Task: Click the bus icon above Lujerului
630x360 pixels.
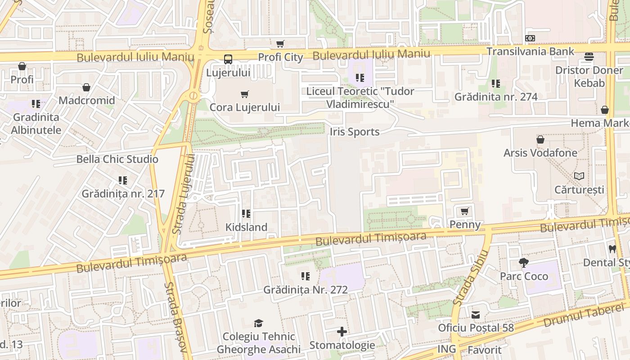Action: click(x=228, y=59)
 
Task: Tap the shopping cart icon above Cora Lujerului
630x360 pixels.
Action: click(x=245, y=94)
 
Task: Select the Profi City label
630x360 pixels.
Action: click(x=280, y=57)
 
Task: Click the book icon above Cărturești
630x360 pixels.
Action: click(x=579, y=176)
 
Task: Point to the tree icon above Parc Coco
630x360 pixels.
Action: click(x=523, y=263)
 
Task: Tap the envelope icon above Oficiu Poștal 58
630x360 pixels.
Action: click(x=476, y=315)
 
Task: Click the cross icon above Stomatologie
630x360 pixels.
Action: click(x=342, y=332)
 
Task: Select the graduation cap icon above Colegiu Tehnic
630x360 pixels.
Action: click(x=258, y=323)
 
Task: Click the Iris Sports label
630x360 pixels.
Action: click(x=355, y=132)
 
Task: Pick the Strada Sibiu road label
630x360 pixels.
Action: click(x=471, y=277)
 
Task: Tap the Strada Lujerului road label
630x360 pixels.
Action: click(x=184, y=193)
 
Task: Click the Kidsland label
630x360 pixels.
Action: click(x=246, y=227)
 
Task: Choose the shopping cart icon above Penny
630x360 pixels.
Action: click(x=465, y=211)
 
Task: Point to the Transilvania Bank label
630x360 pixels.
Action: click(x=530, y=51)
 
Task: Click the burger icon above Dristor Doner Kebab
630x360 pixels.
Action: click(x=589, y=57)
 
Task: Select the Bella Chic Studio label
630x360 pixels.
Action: click(x=117, y=159)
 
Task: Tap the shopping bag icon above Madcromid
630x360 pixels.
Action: click(x=86, y=87)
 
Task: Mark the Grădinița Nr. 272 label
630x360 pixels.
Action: click(x=306, y=290)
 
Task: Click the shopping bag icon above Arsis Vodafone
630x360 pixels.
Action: click(x=540, y=139)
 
